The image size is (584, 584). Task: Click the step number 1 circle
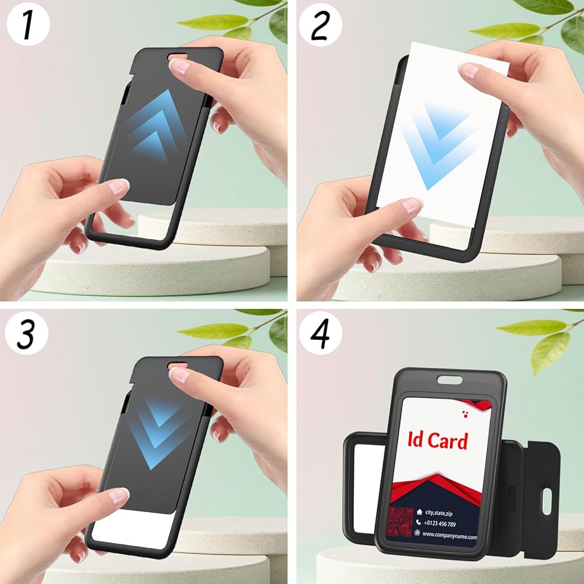(x=28, y=25)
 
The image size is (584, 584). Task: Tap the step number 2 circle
(x=320, y=25)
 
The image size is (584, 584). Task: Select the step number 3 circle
(x=27, y=333)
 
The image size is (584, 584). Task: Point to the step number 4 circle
(x=320, y=333)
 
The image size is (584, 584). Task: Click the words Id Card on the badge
(x=437, y=440)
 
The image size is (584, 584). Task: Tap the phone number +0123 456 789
(x=440, y=524)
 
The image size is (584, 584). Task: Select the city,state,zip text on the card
(x=439, y=513)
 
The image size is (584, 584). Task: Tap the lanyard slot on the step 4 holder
(x=450, y=380)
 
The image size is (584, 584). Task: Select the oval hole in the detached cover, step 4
(x=547, y=501)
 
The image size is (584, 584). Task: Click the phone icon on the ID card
(x=418, y=523)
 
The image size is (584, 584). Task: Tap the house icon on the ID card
(x=419, y=512)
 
